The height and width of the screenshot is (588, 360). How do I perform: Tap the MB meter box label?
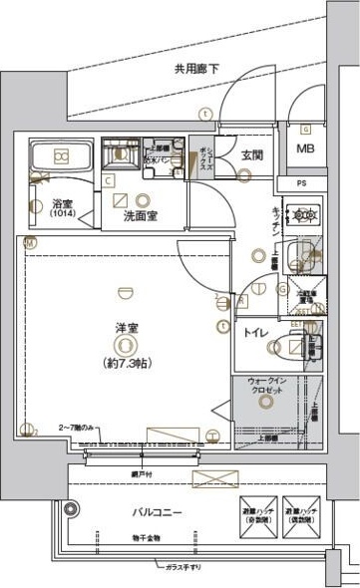(305, 151)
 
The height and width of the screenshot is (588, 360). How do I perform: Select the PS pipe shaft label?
(305, 183)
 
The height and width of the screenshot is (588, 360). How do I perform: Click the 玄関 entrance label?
(251, 155)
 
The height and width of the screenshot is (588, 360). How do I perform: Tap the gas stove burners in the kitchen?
(302, 215)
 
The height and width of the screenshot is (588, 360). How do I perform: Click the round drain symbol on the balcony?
(73, 508)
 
